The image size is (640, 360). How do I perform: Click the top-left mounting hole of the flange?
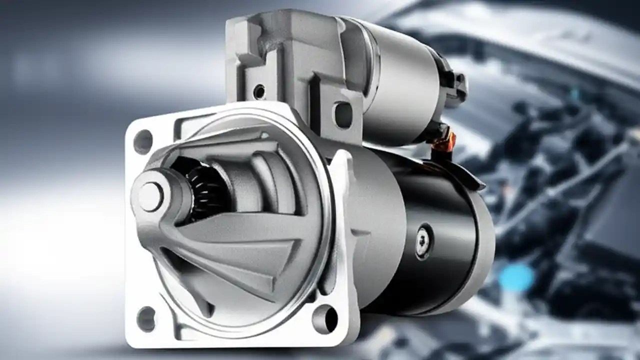point(143,141)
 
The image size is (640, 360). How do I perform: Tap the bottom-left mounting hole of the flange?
point(146,318)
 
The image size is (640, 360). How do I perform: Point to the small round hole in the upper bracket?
point(259,91)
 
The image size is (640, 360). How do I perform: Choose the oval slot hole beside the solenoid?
point(343,114)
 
